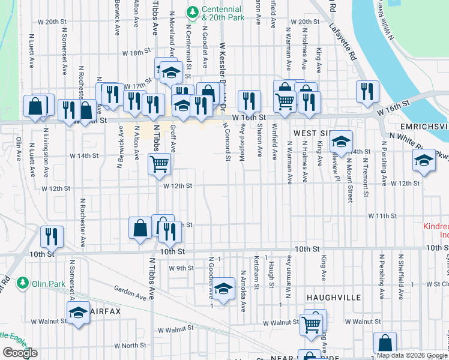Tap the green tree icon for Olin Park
click(x=22, y=281)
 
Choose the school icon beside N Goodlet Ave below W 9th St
click(x=223, y=290)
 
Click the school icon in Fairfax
click(x=78, y=313)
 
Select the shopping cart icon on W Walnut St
click(x=311, y=325)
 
